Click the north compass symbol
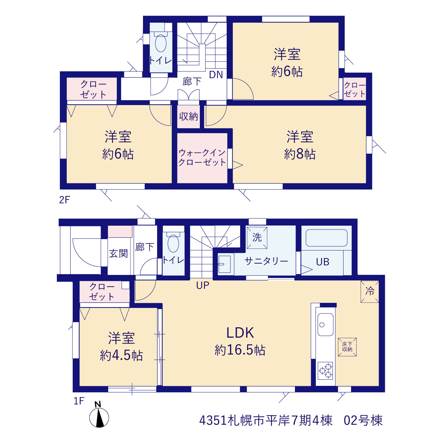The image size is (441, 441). pyautogui.click(x=99, y=417)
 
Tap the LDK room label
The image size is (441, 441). pyautogui.click(x=240, y=333)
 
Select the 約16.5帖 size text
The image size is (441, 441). pyautogui.click(x=240, y=350)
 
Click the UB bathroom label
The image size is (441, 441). pyautogui.click(x=323, y=262)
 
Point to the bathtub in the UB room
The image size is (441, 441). pyautogui.click(x=327, y=238)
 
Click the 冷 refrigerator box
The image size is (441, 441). pyautogui.click(x=370, y=291)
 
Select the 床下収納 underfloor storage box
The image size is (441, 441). pyautogui.click(x=347, y=347)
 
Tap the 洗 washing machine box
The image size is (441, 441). pyautogui.click(x=257, y=237)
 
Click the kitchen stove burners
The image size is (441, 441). pyautogui.click(x=326, y=371)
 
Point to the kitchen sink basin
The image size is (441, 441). pyautogui.click(x=326, y=325)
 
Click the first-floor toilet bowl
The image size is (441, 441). pyautogui.click(x=173, y=243)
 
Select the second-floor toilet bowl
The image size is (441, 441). pyautogui.click(x=161, y=43)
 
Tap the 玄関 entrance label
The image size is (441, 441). pyautogui.click(x=118, y=254)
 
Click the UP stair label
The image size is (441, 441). pyautogui.click(x=203, y=285)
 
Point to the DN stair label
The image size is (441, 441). pyautogui.click(x=216, y=75)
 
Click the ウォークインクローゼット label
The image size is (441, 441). pyautogui.click(x=202, y=157)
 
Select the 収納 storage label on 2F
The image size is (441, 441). pyautogui.click(x=188, y=116)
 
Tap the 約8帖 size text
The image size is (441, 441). pyautogui.click(x=300, y=154)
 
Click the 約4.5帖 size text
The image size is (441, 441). pyautogui.click(x=122, y=356)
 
